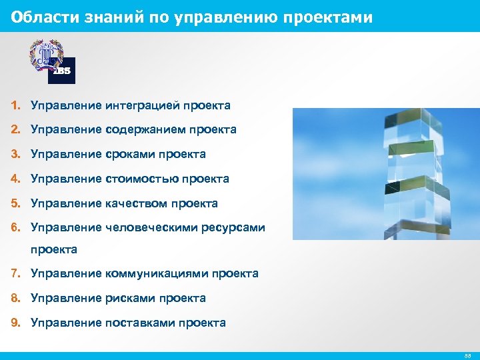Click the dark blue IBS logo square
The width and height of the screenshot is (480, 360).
[61, 71]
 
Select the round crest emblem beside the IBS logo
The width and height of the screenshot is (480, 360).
[44, 55]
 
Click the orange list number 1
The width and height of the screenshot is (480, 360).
[15, 105]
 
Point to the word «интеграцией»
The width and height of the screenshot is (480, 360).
[143, 105]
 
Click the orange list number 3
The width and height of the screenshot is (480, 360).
[15, 154]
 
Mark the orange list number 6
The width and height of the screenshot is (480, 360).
[15, 227]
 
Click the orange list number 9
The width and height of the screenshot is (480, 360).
[15, 323]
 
